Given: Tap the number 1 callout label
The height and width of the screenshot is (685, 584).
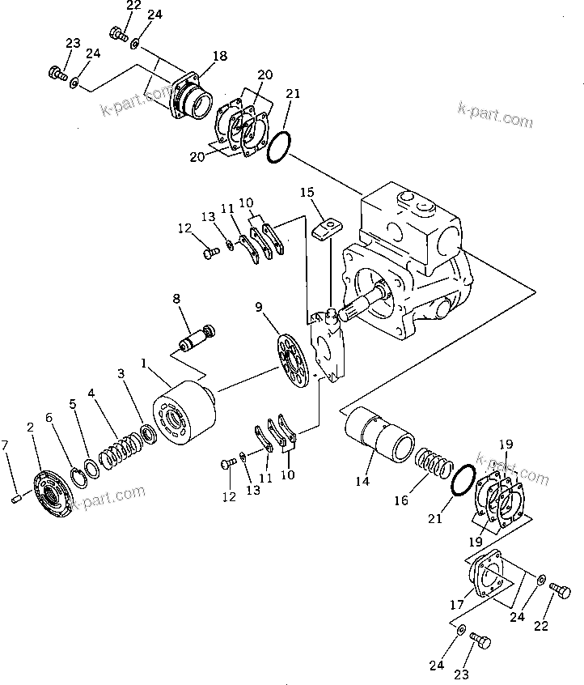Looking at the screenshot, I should (144, 364).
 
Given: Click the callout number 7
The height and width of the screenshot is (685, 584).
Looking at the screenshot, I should (6, 445).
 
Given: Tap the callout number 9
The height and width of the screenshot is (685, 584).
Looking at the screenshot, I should (259, 306).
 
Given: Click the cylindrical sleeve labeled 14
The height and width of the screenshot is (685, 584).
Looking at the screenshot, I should (379, 436).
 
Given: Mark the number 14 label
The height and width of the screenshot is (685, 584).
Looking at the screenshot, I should (362, 481).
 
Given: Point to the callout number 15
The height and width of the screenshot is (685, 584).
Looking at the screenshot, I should (307, 193).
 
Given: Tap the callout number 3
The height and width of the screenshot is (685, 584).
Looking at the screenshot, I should (121, 374).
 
